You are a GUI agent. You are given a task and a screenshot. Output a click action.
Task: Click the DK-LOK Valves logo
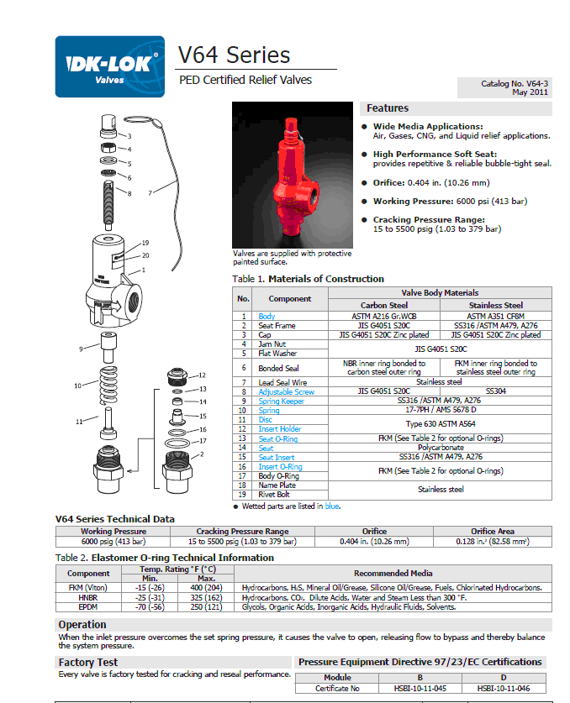(109, 66)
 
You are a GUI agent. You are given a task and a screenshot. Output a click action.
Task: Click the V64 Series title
(235, 55)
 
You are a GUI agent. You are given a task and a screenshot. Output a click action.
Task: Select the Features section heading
(387, 108)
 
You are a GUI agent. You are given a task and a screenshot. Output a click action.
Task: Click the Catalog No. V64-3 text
(515, 84)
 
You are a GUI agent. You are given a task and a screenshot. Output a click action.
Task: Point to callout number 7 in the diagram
(150, 193)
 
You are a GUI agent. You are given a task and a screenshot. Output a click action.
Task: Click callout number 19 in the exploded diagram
(145, 243)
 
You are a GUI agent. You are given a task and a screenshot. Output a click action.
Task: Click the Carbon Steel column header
(384, 305)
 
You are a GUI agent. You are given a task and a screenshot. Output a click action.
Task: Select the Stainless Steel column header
(496, 305)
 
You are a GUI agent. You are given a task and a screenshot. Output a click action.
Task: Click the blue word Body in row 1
(267, 316)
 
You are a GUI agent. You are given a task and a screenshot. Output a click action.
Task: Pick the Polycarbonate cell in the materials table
(441, 448)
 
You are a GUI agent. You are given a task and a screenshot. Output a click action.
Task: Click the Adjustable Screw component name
(286, 391)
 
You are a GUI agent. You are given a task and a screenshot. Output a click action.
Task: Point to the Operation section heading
(82, 625)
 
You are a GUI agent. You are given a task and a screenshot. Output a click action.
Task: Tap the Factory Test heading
(88, 663)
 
